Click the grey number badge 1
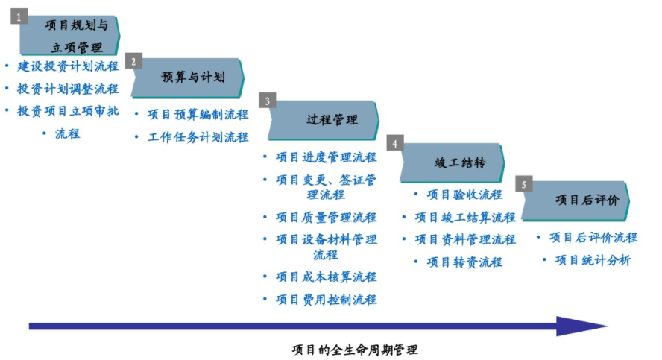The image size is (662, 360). (x=19, y=17)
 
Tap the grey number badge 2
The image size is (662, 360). (x=133, y=61)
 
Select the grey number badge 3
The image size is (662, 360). (x=267, y=101)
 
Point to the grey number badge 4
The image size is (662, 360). (x=395, y=143)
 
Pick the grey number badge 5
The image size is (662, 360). (x=523, y=184)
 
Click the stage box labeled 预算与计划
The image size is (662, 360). (x=188, y=78)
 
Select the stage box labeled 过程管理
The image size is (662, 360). (x=324, y=120)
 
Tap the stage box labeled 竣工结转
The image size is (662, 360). (x=453, y=163)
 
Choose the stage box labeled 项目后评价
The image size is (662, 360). (x=576, y=201)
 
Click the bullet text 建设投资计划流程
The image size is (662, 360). (x=68, y=66)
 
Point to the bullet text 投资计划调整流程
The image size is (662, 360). (x=68, y=89)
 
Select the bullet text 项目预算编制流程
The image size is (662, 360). (x=198, y=114)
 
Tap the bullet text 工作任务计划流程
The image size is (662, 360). (x=198, y=137)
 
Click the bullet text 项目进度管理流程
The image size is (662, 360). (x=326, y=157)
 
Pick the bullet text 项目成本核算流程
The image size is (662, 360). (x=326, y=277)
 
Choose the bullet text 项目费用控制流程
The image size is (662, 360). (x=326, y=300)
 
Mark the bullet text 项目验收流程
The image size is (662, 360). (x=464, y=195)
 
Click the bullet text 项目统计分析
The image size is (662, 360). (x=593, y=260)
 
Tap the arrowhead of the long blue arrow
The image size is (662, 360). (x=582, y=326)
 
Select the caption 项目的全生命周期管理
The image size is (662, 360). (x=355, y=350)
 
